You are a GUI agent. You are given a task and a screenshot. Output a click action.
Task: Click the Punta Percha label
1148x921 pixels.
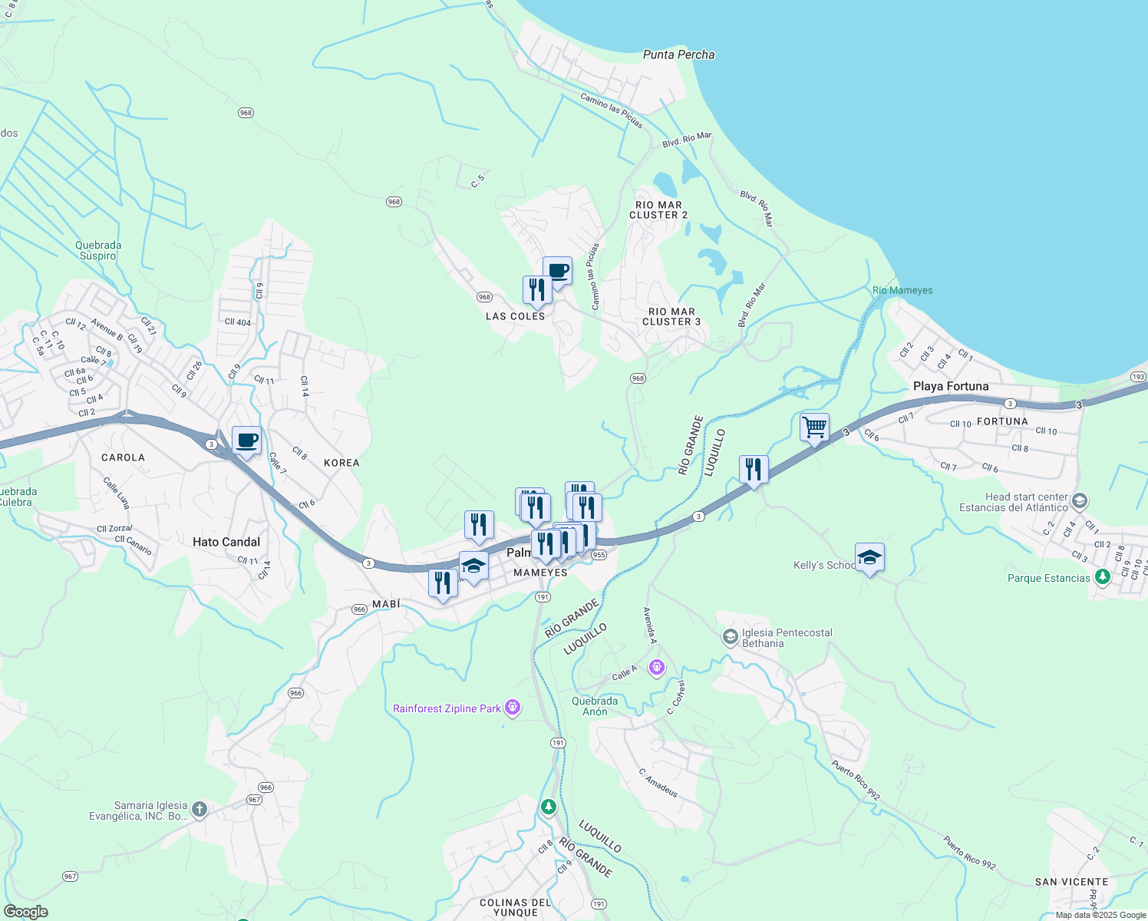(678, 54)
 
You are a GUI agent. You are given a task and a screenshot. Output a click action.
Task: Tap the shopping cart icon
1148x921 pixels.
(814, 426)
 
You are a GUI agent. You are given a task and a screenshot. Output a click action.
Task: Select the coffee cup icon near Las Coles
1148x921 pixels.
(558, 270)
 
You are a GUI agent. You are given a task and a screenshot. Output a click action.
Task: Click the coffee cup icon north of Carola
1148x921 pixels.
(246, 441)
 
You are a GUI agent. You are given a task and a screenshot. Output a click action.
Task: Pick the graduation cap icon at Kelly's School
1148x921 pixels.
(869, 557)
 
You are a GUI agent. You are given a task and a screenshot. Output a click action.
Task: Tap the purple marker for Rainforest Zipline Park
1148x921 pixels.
(513, 708)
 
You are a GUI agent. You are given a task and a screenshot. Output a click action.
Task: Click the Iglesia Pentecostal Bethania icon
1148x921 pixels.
(730, 637)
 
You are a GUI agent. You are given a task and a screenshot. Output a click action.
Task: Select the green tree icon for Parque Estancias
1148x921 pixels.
(1103, 576)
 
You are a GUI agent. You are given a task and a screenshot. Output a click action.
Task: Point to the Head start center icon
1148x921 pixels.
(1080, 502)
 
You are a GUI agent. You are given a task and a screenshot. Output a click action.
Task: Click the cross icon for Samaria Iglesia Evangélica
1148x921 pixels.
(199, 809)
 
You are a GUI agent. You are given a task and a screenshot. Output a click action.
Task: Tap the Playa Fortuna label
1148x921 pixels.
(951, 386)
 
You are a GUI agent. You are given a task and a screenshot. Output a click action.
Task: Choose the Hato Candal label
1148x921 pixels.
(226, 542)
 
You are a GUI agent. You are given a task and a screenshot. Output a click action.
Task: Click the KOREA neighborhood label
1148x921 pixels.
(341, 463)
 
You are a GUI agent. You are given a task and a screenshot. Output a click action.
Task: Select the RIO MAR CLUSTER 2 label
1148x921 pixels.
(658, 210)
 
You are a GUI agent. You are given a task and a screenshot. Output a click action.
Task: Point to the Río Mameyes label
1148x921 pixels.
(902, 290)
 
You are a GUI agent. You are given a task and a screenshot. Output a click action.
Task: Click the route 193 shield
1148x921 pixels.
(1139, 377)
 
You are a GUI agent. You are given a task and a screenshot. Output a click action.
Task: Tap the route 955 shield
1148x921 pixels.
(599, 555)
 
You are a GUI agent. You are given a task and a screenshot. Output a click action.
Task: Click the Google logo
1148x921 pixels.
(25, 912)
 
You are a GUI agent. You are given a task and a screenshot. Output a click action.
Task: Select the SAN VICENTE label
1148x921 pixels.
(1071, 882)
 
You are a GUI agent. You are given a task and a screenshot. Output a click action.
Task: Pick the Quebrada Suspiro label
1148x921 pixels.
(98, 250)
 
